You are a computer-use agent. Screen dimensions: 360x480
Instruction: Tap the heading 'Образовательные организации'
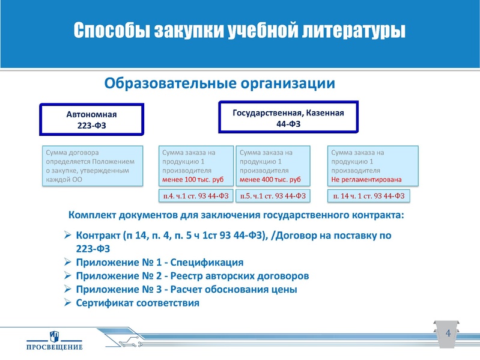tap(220, 82)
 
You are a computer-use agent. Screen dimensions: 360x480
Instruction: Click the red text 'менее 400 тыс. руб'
tap(270, 179)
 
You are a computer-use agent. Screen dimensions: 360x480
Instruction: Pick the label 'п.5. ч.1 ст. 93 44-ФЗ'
tap(273, 196)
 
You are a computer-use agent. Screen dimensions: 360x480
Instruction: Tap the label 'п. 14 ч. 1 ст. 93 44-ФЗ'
tap(369, 196)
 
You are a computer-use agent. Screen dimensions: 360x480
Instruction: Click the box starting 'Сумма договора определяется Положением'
tap(92, 166)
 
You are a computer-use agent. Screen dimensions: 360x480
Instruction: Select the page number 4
tap(447, 334)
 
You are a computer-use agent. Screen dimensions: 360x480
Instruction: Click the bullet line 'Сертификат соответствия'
tap(138, 302)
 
